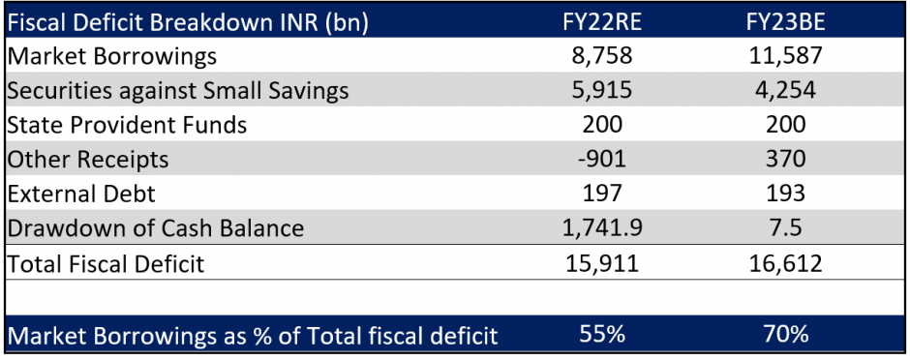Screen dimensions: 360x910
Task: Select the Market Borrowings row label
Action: (x=112, y=56)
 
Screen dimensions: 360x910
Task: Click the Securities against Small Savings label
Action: (x=178, y=91)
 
